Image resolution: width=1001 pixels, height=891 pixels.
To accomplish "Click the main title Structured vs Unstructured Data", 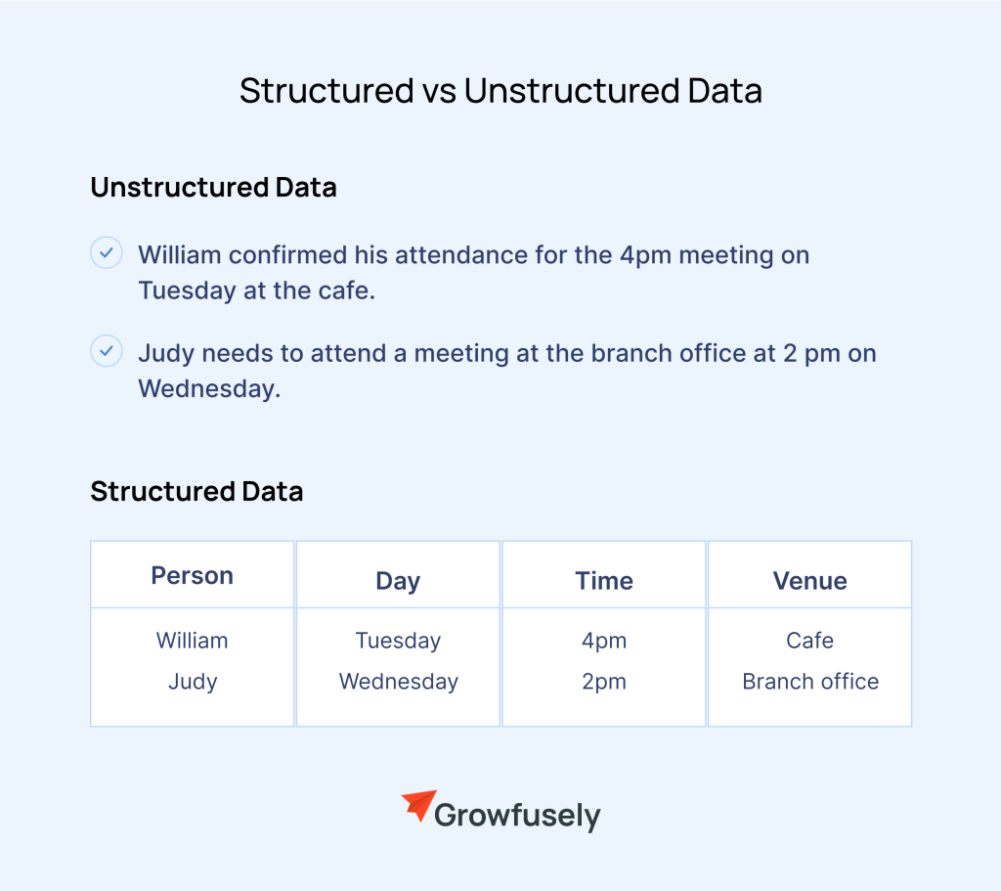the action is [500, 91].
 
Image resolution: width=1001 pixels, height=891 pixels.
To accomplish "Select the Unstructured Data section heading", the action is [213, 188].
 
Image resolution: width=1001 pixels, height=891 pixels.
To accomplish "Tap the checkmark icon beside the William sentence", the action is [106, 253].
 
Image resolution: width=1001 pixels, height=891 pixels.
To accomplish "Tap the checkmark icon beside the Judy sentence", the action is [106, 351].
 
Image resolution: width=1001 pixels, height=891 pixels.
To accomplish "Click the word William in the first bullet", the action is [180, 255].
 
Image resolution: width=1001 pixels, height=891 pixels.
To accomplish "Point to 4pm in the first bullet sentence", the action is [645, 256].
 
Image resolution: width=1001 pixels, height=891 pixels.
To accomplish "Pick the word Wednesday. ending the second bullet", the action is [209, 389].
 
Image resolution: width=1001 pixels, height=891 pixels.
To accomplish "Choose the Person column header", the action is [193, 575].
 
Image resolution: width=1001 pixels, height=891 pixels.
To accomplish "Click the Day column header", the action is [398, 582].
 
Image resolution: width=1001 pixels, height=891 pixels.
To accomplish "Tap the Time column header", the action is [604, 581].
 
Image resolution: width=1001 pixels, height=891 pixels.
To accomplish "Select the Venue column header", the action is [810, 581].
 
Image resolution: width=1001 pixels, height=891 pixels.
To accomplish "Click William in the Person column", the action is [193, 641].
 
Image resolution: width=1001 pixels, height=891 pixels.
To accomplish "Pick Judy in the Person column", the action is [193, 682].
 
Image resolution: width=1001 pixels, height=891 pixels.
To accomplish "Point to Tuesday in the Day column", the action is [398, 642].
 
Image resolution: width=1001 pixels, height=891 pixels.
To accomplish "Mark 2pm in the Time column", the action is [604, 682].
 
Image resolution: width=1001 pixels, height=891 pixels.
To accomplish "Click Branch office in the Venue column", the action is [810, 682].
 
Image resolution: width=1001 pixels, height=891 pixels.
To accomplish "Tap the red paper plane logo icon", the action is [419, 805].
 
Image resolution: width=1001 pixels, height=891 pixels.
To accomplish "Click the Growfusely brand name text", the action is [517, 816].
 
